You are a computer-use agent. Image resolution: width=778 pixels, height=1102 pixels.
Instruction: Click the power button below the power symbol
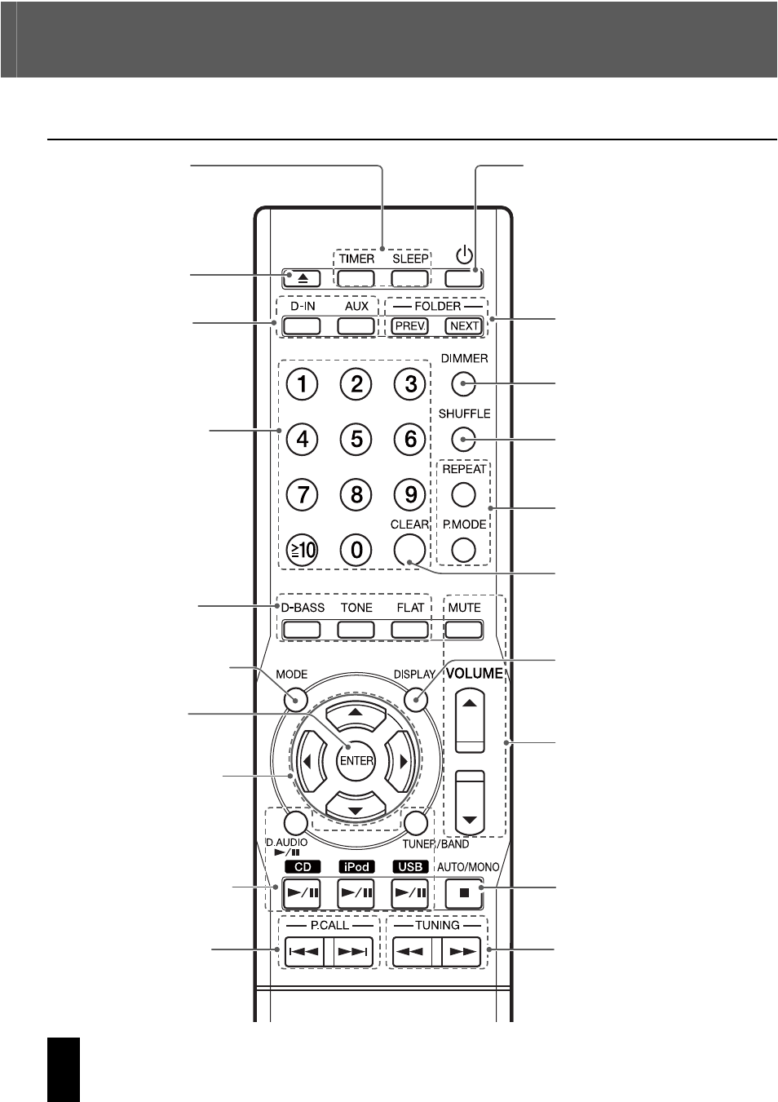pyautogui.click(x=464, y=279)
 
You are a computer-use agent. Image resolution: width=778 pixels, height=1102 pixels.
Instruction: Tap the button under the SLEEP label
pyautogui.click(x=409, y=279)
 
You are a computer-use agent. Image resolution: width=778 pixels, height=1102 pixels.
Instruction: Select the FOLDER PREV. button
pyautogui.click(x=409, y=326)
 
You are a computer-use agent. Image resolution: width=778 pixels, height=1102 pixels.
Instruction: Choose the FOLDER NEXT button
pyautogui.click(x=464, y=326)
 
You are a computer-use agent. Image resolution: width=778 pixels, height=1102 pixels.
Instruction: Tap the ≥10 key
pyautogui.click(x=302, y=550)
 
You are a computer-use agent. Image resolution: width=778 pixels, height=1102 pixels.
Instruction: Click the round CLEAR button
pyautogui.click(x=409, y=550)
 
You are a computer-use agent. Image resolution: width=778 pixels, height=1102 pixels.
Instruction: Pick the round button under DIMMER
pyautogui.click(x=463, y=383)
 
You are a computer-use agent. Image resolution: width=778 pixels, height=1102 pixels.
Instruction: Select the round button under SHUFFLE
pyautogui.click(x=463, y=439)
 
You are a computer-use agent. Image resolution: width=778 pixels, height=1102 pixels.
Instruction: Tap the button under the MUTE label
pyautogui.click(x=464, y=630)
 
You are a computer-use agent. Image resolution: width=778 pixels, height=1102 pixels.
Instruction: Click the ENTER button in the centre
pyautogui.click(x=356, y=760)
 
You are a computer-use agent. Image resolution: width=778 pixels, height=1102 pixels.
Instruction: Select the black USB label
pyautogui.click(x=410, y=867)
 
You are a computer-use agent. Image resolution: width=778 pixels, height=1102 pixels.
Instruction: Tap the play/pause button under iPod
pyautogui.click(x=356, y=893)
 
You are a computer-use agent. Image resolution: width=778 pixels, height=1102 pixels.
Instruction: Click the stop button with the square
pyautogui.click(x=464, y=893)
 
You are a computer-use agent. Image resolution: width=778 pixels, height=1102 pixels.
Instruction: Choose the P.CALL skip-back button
pyautogui.click(x=304, y=952)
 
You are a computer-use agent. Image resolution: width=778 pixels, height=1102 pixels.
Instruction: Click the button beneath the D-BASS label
pyautogui.click(x=302, y=630)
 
